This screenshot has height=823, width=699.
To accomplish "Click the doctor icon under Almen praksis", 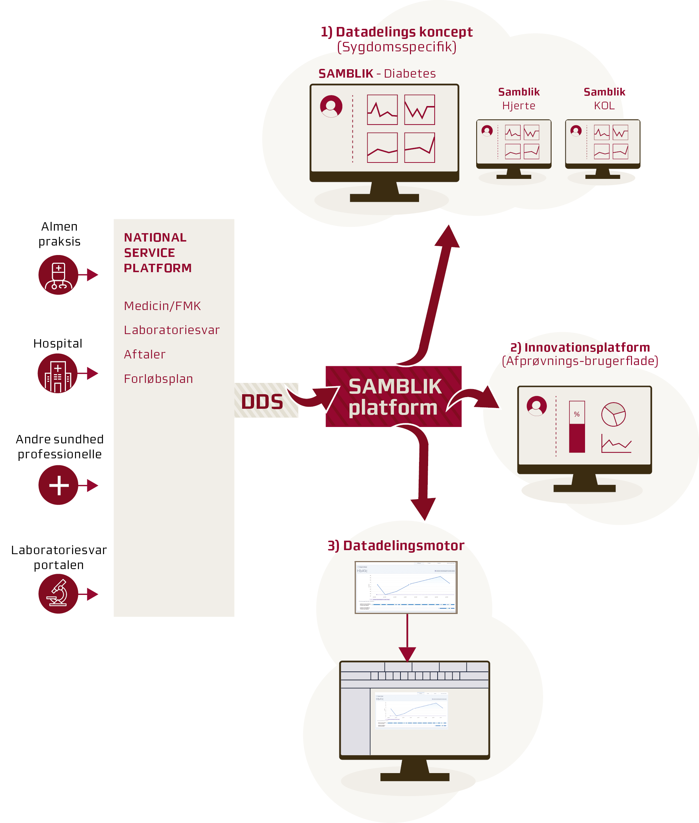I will [58, 275].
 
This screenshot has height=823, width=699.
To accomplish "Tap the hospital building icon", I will [58, 373].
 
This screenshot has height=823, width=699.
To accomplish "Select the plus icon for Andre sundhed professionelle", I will [58, 485].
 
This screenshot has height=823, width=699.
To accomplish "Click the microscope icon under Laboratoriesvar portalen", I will [58, 594].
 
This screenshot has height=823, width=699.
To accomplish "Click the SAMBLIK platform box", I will [393, 396].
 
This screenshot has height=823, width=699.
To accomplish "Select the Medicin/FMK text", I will [162, 306].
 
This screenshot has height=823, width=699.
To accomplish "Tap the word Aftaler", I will [145, 354].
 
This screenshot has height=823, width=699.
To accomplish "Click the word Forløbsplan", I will [158, 379].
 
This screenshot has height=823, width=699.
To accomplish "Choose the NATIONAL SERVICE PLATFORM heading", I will [157, 252].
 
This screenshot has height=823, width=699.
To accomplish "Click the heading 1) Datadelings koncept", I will [396, 32].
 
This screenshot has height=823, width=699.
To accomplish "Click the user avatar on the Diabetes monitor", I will [331, 106].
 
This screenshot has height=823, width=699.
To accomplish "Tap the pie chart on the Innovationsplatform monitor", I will [613, 414].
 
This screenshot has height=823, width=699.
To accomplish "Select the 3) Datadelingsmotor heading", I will [396, 545].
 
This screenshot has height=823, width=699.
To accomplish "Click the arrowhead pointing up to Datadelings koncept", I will [447, 237].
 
